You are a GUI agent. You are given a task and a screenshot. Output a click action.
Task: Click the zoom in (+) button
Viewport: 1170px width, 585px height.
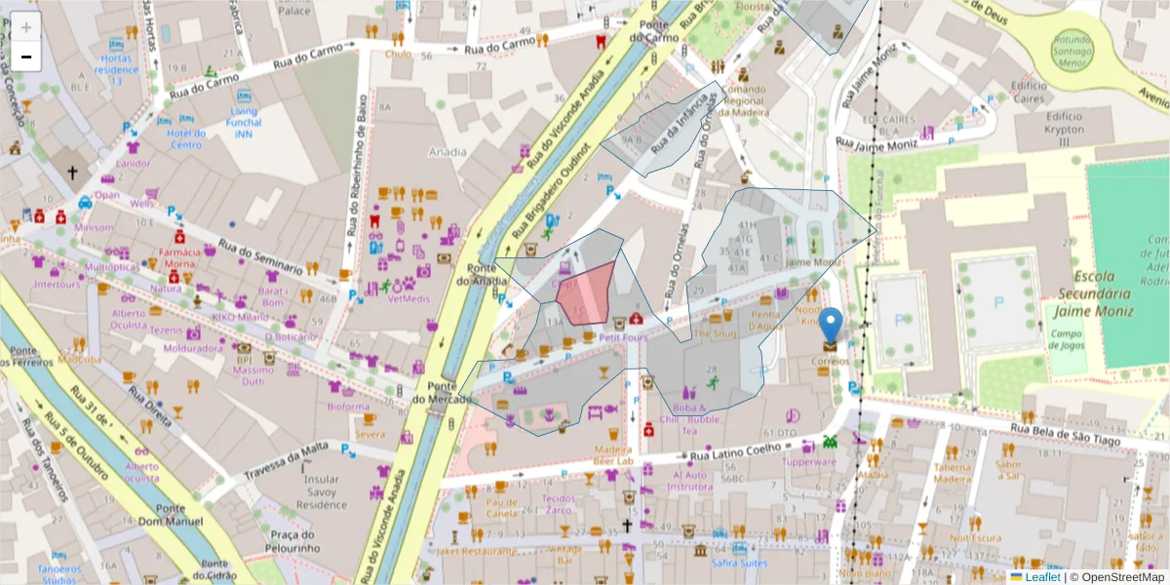(x=26, y=27)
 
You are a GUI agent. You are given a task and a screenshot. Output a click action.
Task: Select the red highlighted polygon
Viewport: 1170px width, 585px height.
(x=587, y=293)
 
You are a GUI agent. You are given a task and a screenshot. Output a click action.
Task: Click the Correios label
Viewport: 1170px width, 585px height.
(x=830, y=361)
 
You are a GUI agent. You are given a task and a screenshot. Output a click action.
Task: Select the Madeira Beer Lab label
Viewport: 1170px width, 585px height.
(x=614, y=454)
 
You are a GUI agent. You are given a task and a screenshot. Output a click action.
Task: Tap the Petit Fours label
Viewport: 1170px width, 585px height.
(x=623, y=336)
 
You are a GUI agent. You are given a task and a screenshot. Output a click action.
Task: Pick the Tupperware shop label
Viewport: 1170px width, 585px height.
(x=810, y=461)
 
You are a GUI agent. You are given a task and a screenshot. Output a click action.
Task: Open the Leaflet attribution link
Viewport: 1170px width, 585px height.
(x=1042, y=577)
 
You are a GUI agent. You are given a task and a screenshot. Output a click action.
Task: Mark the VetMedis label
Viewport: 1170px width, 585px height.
(x=408, y=299)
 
